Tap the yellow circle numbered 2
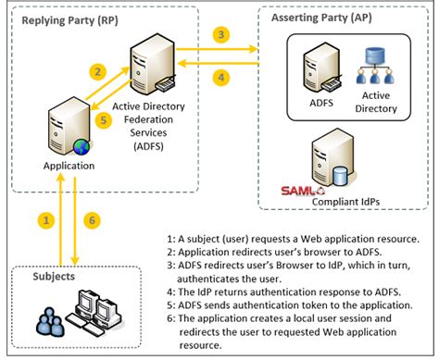(95, 71)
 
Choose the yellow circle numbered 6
(91, 219)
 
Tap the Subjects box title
(47, 277)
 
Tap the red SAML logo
(301, 192)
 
